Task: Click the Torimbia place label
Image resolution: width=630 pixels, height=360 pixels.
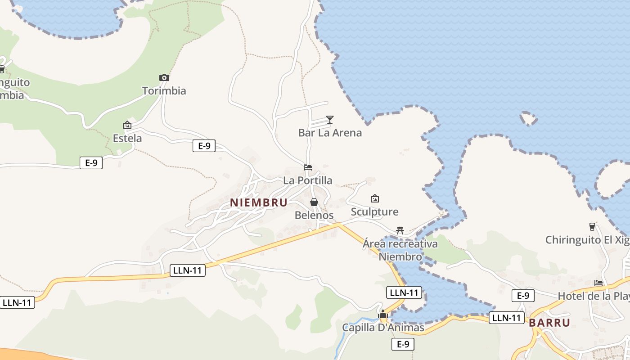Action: click(x=164, y=91)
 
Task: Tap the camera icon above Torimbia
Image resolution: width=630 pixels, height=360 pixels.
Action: click(x=164, y=77)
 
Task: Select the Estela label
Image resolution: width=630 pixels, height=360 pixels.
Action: click(x=127, y=138)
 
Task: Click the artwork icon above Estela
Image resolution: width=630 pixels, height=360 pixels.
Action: click(x=127, y=125)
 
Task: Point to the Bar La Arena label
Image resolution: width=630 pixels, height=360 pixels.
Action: click(x=330, y=133)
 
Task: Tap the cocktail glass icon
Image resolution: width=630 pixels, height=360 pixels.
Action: click(x=330, y=119)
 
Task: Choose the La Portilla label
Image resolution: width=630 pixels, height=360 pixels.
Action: click(x=308, y=180)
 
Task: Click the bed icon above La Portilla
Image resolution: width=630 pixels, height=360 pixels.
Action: click(x=308, y=167)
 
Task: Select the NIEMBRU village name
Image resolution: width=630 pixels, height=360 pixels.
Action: click(x=259, y=203)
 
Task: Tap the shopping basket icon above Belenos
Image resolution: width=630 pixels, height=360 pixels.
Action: click(x=314, y=202)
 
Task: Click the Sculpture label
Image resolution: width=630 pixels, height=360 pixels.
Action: click(x=374, y=212)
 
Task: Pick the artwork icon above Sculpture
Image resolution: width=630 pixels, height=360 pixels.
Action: click(x=374, y=198)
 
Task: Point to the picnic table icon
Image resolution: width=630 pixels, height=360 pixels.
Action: click(x=400, y=230)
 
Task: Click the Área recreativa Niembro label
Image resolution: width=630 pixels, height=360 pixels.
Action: click(x=400, y=250)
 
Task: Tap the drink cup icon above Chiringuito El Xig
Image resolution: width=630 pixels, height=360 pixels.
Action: click(x=592, y=226)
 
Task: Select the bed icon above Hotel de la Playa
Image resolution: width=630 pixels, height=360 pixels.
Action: click(x=598, y=283)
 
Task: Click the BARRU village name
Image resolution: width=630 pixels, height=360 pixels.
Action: click(x=549, y=323)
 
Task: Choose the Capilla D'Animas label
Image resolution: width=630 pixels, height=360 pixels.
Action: click(x=383, y=328)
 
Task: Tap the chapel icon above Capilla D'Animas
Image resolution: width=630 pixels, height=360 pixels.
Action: click(x=383, y=314)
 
